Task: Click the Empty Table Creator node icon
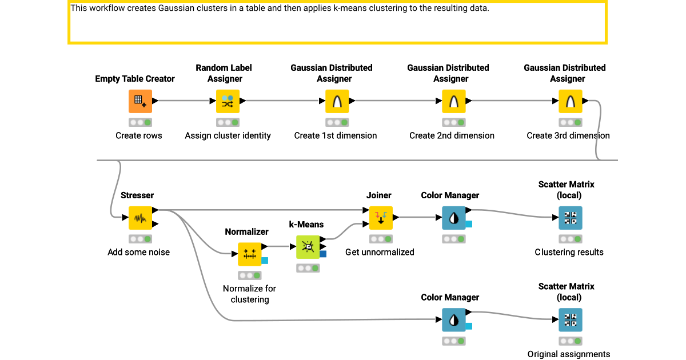coord(140,101)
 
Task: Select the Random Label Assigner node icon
coord(228,101)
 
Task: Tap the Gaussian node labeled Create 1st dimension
coord(337,101)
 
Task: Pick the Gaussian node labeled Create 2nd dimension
coord(453,101)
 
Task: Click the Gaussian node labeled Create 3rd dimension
coord(570,101)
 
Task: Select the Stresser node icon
coord(140,218)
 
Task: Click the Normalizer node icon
coord(249,254)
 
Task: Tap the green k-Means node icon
coord(308,247)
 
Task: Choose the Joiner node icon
coord(381,218)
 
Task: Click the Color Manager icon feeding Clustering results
coord(453,218)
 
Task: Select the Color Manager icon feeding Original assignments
coord(453,320)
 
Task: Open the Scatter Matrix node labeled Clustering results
coord(570,218)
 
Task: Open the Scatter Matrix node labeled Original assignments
coord(570,320)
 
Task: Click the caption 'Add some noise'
coord(139,252)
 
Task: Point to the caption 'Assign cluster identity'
coord(228,135)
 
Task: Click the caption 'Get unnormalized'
coord(380,252)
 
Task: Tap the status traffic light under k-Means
coord(308,268)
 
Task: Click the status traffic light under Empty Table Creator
coord(140,122)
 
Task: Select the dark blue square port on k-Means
coord(323,254)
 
